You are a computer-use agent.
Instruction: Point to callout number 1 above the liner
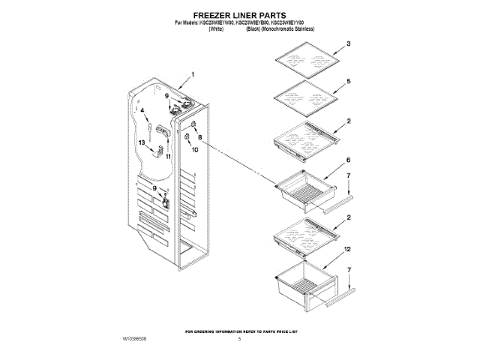(192, 75)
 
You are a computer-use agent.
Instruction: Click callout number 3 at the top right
(349, 45)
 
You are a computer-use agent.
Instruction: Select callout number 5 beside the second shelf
(349, 80)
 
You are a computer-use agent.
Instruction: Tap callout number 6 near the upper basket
(349, 160)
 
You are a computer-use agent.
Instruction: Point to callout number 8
(199, 136)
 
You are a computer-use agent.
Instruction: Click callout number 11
(168, 157)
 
